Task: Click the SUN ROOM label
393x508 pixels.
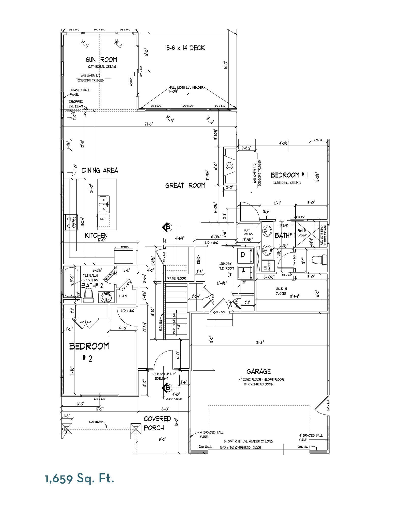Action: [x=101, y=60]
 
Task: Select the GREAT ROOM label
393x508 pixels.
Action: [x=185, y=185]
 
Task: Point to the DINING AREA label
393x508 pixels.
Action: [x=100, y=170]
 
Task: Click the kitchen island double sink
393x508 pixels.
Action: [x=104, y=204]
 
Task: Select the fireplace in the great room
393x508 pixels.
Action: [x=229, y=166]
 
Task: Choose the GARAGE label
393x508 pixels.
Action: [x=258, y=371]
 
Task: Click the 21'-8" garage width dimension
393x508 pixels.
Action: [x=260, y=342]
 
